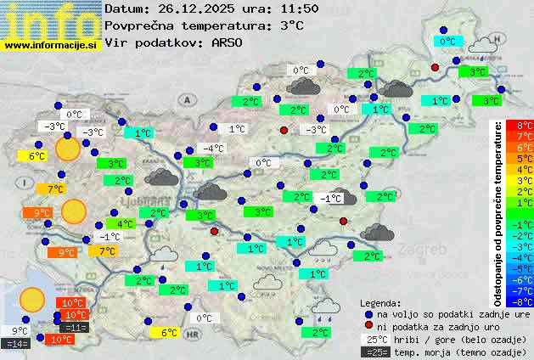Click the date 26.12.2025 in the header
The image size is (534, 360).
(193, 8)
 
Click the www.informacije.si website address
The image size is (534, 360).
(51, 44)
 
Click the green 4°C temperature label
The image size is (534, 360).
(126, 224)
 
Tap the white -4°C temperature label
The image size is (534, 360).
(213, 149)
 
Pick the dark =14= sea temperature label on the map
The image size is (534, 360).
(17, 344)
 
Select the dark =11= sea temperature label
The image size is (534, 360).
(75, 328)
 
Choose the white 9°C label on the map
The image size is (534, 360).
(20, 331)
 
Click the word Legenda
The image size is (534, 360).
(381, 302)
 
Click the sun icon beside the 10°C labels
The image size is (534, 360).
(32, 299)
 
